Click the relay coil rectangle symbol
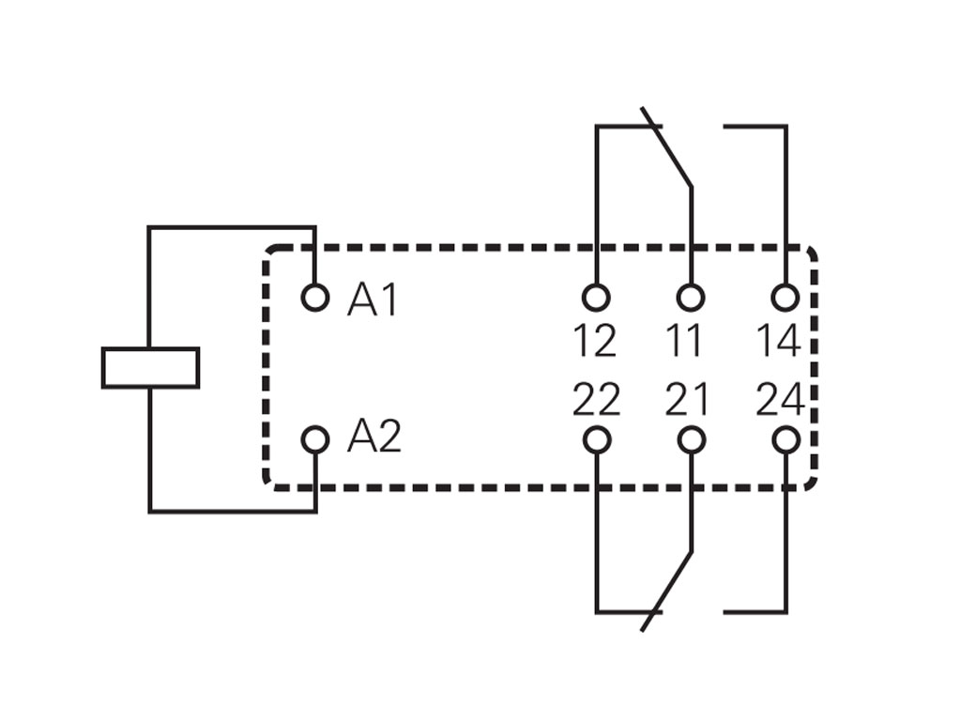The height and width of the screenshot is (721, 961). tap(150, 367)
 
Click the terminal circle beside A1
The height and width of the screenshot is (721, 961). tap(315, 298)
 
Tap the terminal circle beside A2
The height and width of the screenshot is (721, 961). tap(315, 439)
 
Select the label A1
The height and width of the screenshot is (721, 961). tap(373, 299)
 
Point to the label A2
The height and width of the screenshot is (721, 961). tap(374, 437)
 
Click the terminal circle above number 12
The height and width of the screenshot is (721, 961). tap(596, 298)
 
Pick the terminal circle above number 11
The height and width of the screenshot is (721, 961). tap(691, 298)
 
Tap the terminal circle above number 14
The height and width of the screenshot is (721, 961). tap(786, 298)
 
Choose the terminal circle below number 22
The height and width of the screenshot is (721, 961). tap(596, 439)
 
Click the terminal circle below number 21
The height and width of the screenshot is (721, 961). tap(691, 439)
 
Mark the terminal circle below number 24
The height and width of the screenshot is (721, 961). tap(786, 439)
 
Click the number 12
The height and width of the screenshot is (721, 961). tap(595, 341)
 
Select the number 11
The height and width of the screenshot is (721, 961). tap(684, 341)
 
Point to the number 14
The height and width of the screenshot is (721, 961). tap(778, 341)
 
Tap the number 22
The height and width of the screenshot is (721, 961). tap(596, 401)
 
